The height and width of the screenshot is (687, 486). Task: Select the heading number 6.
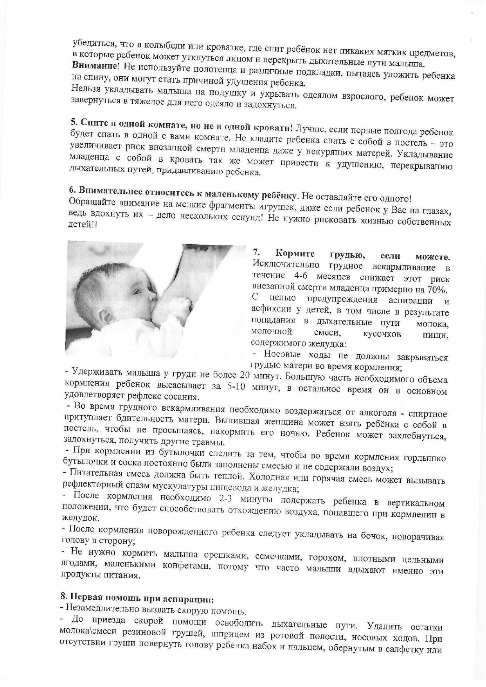point(72,190)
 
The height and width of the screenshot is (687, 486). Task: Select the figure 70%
point(437,290)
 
